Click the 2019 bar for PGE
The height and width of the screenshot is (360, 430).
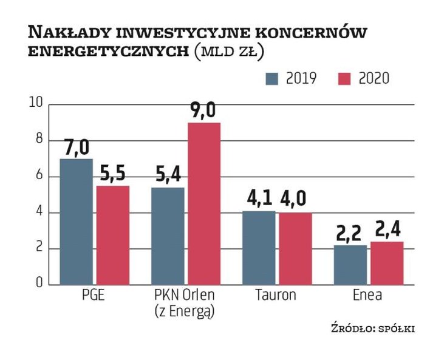[x=76, y=221]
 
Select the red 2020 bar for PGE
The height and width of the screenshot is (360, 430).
[x=112, y=234]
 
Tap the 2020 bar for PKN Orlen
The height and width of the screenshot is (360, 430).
[x=203, y=203]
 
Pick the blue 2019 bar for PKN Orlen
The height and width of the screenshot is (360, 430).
[x=167, y=236]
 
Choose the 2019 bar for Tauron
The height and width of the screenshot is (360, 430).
[x=259, y=247]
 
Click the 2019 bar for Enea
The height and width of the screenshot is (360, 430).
[x=350, y=264]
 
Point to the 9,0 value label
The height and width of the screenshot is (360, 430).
[x=203, y=111]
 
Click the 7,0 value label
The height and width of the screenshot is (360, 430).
[x=76, y=148]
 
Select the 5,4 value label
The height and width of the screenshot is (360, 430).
[x=167, y=177]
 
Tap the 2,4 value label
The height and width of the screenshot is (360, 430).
[x=387, y=231]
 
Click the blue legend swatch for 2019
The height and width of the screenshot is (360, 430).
[x=271, y=79]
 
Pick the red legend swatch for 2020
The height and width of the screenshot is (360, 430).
[x=344, y=79]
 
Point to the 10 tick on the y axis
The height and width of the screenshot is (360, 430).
[x=36, y=104]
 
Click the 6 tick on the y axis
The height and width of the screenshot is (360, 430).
[x=38, y=177]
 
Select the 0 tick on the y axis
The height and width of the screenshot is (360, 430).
[x=38, y=284]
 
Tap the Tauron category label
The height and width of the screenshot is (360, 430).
[x=276, y=296]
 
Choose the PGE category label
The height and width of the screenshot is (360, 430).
[x=94, y=296]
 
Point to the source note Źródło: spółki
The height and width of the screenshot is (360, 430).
[x=372, y=328]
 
